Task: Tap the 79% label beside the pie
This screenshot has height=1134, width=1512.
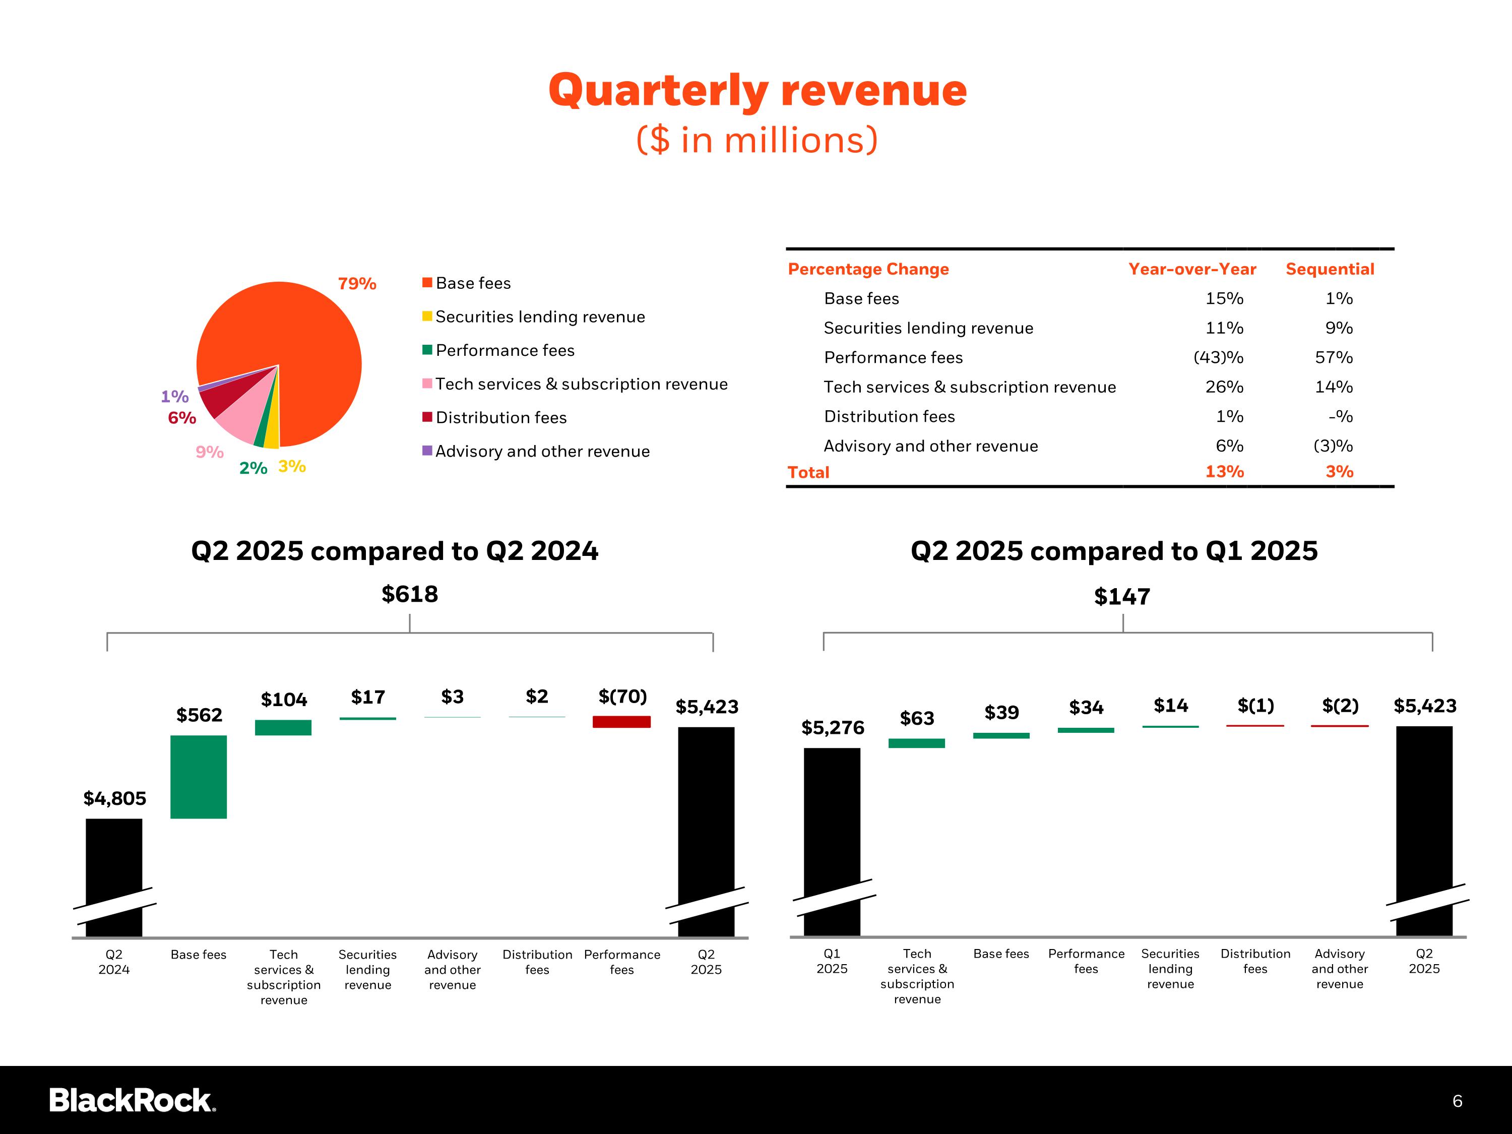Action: [357, 284]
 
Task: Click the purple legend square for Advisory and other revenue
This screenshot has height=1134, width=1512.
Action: [427, 451]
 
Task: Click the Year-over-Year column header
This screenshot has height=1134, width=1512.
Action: [1191, 269]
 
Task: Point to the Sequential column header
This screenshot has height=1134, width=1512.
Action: [1330, 269]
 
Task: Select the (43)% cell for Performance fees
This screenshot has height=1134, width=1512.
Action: [1218, 357]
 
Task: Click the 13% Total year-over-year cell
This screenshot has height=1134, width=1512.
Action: [1224, 472]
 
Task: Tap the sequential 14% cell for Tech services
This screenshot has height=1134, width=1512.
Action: [1334, 387]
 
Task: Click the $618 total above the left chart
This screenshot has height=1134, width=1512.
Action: [409, 594]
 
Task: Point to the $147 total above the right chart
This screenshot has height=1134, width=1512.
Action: [1122, 597]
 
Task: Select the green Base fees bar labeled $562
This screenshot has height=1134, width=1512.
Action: [198, 777]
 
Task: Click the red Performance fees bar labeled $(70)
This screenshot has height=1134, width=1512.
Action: [621, 722]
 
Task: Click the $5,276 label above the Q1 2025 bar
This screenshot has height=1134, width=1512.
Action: [833, 728]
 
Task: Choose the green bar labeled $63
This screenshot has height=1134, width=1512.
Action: [917, 743]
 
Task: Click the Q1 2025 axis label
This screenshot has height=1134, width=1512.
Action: [832, 961]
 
